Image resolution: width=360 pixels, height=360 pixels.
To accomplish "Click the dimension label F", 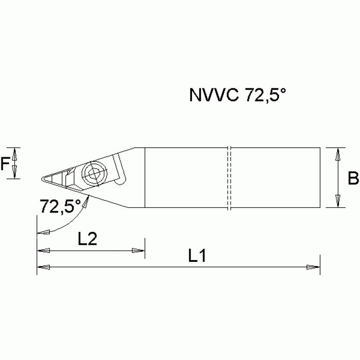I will (5, 164).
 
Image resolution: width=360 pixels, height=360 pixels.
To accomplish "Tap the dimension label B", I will (353, 178).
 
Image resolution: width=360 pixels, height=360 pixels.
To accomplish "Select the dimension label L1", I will (198, 256).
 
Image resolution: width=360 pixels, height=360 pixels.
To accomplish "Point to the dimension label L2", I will (87, 239).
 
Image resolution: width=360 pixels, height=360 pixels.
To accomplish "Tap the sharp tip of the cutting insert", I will (41, 178).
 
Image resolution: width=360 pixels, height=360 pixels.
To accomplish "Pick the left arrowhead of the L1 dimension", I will (43, 268).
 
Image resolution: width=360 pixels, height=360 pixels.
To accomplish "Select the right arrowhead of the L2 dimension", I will (138, 250).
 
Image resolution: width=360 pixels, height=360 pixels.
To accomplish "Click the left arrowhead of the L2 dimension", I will (43, 250).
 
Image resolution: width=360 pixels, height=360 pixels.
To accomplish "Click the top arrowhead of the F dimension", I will (15, 153).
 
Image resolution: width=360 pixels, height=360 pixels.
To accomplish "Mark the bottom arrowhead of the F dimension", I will (15, 172).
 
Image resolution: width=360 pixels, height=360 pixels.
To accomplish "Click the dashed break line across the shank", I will (229, 178).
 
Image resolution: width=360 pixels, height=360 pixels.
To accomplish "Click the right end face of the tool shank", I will (320, 178).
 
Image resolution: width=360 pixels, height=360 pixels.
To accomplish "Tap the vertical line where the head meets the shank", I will (145, 178).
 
